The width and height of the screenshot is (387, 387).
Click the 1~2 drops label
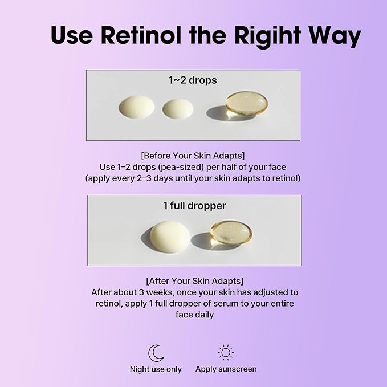[x=193, y=80]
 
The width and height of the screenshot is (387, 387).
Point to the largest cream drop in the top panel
[x=136, y=107]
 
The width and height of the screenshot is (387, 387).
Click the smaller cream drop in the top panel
[x=178, y=109]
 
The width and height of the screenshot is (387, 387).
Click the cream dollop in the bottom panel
[x=170, y=234]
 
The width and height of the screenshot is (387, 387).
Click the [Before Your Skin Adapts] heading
[x=193, y=156]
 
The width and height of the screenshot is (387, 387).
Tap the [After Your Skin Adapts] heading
[x=194, y=280]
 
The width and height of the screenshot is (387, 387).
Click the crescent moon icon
[x=156, y=353]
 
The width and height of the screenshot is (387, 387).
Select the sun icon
[x=226, y=352]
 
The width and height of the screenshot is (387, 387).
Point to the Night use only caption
[x=156, y=369]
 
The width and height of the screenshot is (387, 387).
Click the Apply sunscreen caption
[x=226, y=369]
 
